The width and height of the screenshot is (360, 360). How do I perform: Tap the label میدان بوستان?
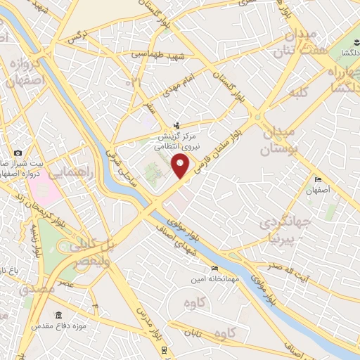click(x=281, y=141)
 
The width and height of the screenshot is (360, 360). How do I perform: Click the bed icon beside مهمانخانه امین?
click(x=214, y=267)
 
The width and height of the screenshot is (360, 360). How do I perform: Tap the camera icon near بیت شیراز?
click(x=18, y=152)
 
